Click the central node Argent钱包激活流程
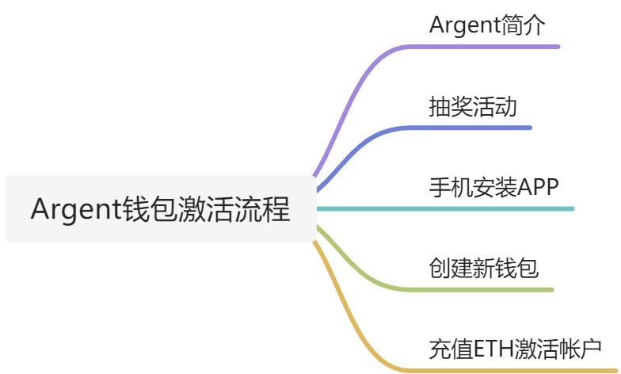160,210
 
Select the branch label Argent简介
487,25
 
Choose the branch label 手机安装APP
494,188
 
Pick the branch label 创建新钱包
483,269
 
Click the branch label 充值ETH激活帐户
515,349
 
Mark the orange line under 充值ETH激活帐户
515,370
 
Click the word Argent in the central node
75,210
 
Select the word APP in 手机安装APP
539,188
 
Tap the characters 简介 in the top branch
524,25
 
